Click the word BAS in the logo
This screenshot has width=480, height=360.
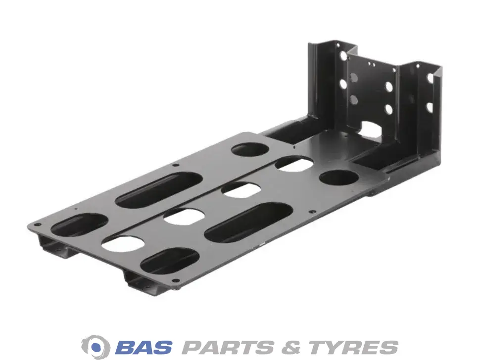144,347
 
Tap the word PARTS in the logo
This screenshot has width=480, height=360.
228,347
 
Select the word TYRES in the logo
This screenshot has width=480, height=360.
353,347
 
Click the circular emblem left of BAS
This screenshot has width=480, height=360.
96,347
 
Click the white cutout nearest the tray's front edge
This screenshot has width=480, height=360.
123,244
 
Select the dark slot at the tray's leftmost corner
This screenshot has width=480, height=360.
79,225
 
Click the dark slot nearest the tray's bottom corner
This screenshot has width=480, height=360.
170,261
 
